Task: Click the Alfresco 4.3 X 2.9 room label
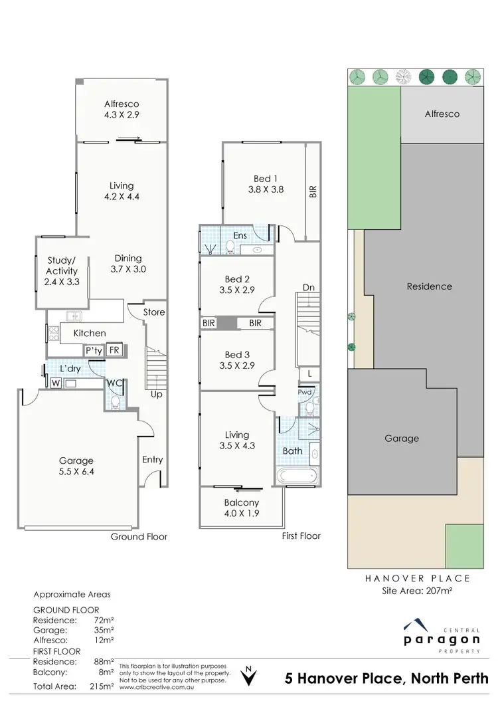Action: [x=122, y=109]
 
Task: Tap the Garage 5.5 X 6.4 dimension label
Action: [x=76, y=466]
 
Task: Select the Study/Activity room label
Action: [x=62, y=271]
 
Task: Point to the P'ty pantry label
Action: [x=92, y=350]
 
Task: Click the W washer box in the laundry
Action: [x=54, y=383]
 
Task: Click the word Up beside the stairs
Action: [x=157, y=394]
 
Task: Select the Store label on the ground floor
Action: [x=154, y=312]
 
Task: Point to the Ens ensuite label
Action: [x=240, y=235]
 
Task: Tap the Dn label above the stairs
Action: [x=308, y=287]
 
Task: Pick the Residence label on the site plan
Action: [x=429, y=286]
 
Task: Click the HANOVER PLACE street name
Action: [x=418, y=578]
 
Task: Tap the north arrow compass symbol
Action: [x=249, y=676]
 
